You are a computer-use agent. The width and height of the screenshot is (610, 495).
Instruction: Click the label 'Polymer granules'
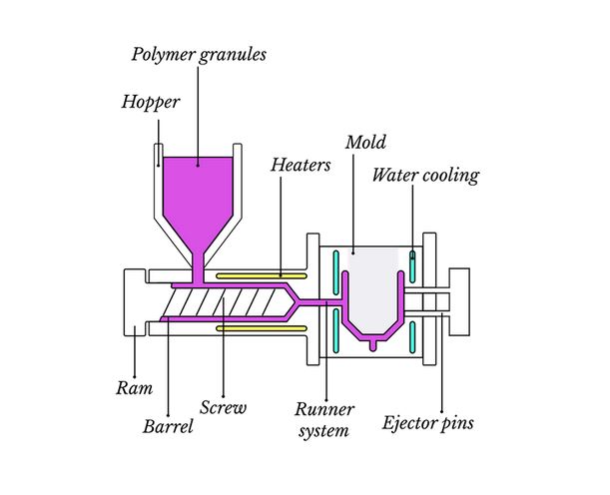pyautogui.click(x=199, y=54)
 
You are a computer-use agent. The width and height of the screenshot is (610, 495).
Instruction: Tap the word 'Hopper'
pyautogui.click(x=151, y=102)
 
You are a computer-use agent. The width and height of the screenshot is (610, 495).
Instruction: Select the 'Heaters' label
pyautogui.click(x=300, y=165)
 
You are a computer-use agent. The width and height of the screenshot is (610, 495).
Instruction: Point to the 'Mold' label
pyautogui.click(x=364, y=143)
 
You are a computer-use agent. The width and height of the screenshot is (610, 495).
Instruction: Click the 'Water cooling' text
pyautogui.click(x=425, y=176)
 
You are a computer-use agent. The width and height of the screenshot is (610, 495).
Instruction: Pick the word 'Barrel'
pyautogui.click(x=168, y=428)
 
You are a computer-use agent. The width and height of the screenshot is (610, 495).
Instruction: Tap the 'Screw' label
pyautogui.click(x=223, y=407)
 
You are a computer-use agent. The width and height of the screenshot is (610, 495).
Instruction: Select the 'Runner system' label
pyautogui.click(x=325, y=420)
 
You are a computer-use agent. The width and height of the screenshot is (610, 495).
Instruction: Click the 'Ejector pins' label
pyautogui.click(x=428, y=422)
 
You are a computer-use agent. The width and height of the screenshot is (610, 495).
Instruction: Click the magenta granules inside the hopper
pyautogui.click(x=198, y=190)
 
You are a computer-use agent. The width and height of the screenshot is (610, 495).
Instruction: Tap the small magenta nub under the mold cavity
pyautogui.click(x=374, y=345)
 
